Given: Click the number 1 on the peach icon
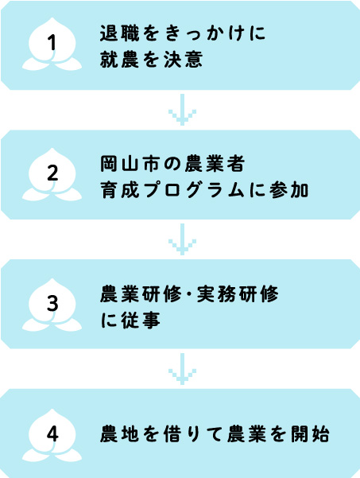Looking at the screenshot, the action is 52,42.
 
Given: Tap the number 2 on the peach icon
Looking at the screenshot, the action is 52,173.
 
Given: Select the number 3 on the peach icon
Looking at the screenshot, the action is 52,303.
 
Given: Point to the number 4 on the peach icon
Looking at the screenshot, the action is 52,433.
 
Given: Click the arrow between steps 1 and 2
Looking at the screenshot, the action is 182,110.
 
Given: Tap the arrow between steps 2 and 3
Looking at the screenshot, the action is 182,239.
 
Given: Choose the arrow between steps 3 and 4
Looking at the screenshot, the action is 182,369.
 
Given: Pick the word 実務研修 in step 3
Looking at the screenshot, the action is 238,294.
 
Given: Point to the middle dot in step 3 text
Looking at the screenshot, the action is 189,295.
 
